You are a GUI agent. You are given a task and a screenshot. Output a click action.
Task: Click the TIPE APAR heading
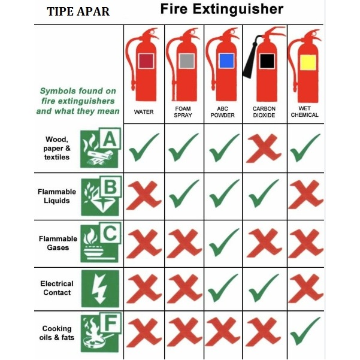click(78, 11)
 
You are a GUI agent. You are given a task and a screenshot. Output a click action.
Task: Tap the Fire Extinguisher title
click(222, 9)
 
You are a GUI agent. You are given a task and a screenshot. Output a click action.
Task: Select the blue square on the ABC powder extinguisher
click(226, 61)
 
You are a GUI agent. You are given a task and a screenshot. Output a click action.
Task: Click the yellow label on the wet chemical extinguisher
click(308, 62)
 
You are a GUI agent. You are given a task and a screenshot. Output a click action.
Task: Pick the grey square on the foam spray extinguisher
click(187, 61)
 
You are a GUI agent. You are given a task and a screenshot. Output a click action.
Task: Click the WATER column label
click(144, 112)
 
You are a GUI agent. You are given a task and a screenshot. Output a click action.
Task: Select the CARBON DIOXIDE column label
click(264, 112)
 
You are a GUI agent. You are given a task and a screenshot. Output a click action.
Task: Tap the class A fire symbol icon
click(101, 147)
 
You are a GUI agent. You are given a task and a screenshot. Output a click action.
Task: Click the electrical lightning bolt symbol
click(100, 289)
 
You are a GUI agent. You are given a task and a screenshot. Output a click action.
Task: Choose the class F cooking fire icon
click(101, 332)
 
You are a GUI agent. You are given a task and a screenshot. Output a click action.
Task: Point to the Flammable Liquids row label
click(57, 196)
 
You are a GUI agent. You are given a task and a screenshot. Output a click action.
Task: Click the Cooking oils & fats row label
click(57, 333)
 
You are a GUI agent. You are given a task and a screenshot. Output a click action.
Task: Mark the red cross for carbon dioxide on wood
click(264, 149)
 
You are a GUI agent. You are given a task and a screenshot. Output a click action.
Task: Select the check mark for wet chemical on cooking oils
click(305, 331)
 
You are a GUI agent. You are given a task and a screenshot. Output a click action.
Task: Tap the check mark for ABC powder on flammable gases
click(224, 242)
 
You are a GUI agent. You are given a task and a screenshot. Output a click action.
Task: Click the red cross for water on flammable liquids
click(144, 195)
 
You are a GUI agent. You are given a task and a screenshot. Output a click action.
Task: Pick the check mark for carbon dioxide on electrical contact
click(264, 288)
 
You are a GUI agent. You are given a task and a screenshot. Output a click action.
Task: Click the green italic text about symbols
click(78, 101)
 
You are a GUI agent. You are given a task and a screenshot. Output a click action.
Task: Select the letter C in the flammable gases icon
click(110, 233)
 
